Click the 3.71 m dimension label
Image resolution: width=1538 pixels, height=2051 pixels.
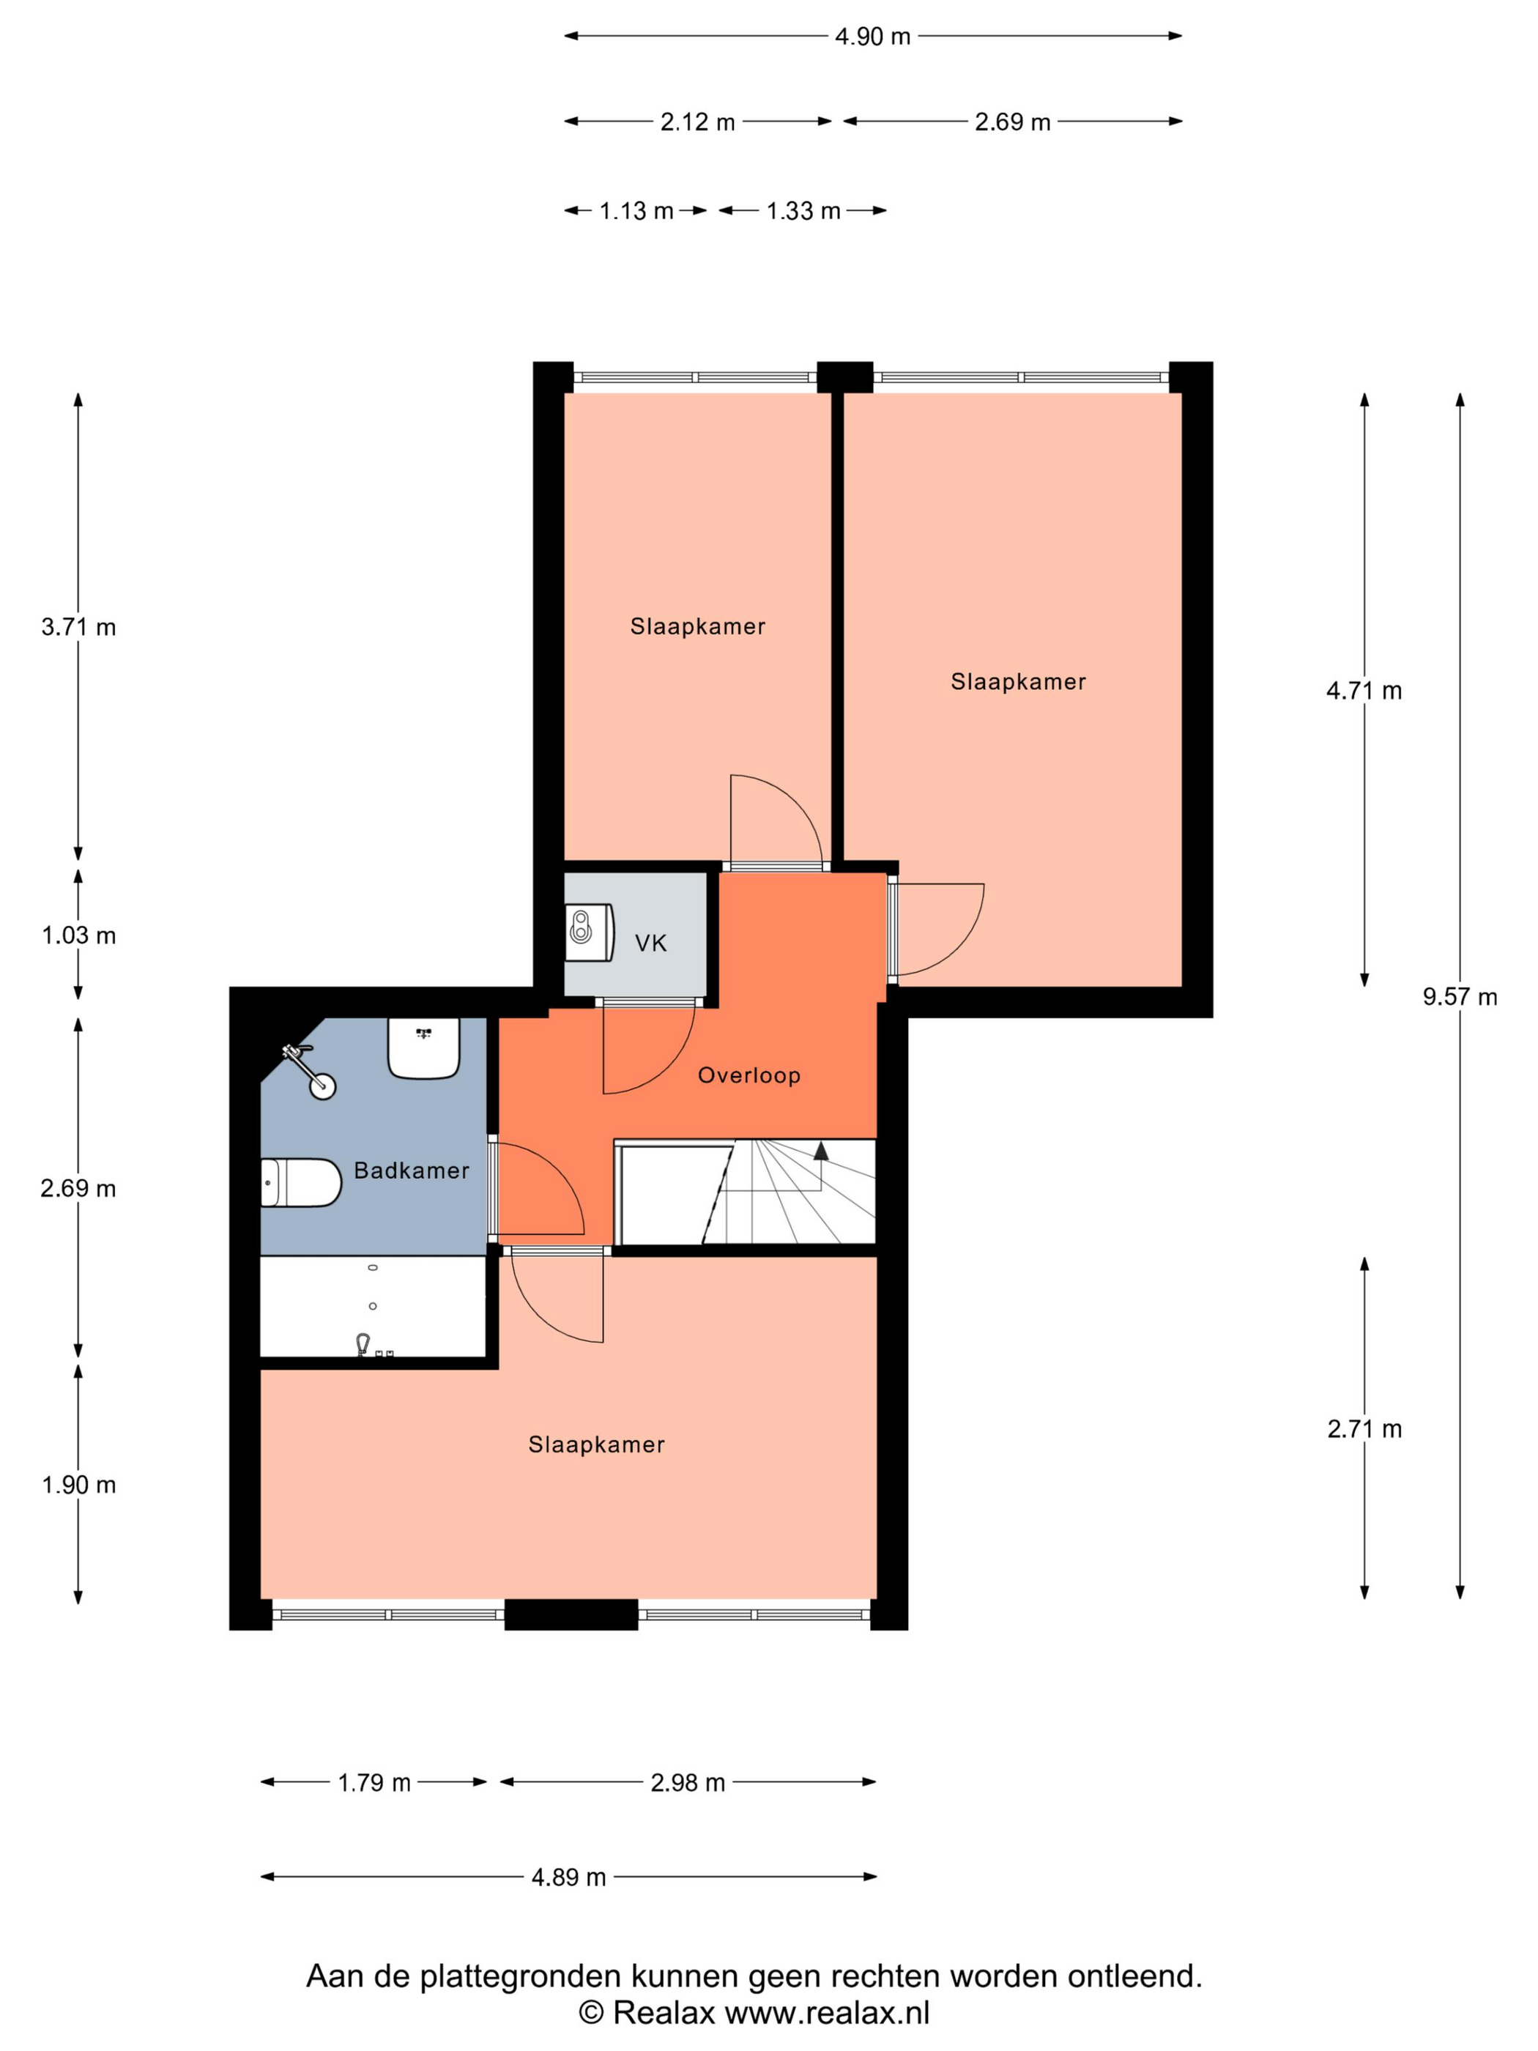(x=79, y=627)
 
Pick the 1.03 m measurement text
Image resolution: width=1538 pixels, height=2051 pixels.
(x=79, y=935)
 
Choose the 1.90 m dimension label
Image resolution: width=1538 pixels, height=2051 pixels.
(x=79, y=1485)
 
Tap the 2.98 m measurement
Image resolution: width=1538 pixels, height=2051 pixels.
(x=687, y=1782)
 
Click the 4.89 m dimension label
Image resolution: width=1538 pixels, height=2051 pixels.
(x=568, y=1877)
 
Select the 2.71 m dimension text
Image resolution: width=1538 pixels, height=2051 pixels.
(x=1364, y=1429)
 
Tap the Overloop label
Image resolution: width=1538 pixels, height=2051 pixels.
(x=749, y=1075)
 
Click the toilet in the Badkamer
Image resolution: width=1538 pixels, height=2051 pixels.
(x=301, y=1182)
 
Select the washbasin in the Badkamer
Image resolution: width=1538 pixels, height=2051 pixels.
(x=423, y=1047)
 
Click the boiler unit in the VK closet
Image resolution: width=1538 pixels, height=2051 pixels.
(x=590, y=932)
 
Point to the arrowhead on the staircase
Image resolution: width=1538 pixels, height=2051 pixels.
(x=820, y=1151)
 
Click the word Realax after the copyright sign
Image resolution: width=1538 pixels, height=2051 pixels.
(x=664, y=2013)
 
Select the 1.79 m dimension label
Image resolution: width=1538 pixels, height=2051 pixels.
(x=374, y=1782)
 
